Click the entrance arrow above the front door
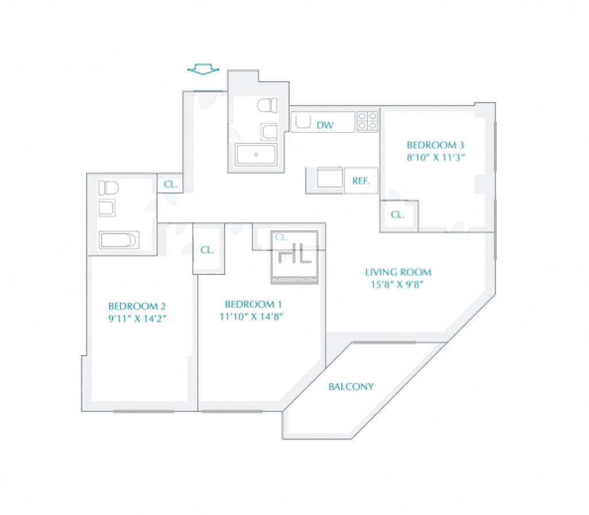tap(203, 69)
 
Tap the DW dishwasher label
tap(325, 125)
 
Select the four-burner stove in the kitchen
tap(367, 121)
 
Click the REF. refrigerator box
tap(361, 181)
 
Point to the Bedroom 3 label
tap(435, 145)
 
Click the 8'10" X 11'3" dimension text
tap(436, 157)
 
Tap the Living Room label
tap(398, 272)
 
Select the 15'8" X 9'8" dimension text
tap(397, 285)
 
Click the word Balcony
tap(351, 387)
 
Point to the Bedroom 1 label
tap(253, 304)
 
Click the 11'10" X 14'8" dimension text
tap(251, 316)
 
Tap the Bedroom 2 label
tap(137, 306)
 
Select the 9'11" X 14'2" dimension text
tap(137, 319)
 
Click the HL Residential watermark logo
tap(294, 257)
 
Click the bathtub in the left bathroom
tap(118, 240)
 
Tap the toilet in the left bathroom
tap(109, 188)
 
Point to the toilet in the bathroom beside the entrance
tap(267, 105)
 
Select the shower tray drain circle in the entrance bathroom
tap(256, 154)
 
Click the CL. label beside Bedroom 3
tap(397, 215)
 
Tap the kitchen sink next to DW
tap(303, 122)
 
